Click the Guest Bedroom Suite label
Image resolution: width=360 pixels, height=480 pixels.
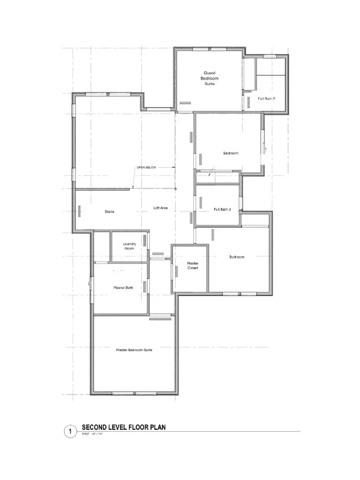click(211, 78)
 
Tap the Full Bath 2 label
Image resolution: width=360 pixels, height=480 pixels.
click(266, 99)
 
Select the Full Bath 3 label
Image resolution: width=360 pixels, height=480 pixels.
click(222, 209)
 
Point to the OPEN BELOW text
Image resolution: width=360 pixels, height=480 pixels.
click(146, 168)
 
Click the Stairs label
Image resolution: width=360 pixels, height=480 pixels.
click(109, 212)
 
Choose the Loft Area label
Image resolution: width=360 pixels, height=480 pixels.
click(160, 208)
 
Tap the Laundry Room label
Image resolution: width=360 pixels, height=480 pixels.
click(130, 246)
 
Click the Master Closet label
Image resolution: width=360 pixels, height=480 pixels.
click(192, 265)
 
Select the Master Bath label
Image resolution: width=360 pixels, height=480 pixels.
click(123, 288)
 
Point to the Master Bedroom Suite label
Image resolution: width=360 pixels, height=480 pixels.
click(134, 350)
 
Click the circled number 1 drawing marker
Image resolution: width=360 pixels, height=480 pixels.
click(70, 431)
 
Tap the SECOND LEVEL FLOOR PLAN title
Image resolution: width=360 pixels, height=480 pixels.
click(124, 427)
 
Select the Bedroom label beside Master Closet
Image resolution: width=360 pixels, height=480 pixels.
click(236, 257)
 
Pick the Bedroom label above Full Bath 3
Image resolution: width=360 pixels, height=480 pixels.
click(231, 153)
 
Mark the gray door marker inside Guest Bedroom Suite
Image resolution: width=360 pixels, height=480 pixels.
click(186, 103)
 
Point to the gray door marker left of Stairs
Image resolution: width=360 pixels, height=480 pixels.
click(80, 211)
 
